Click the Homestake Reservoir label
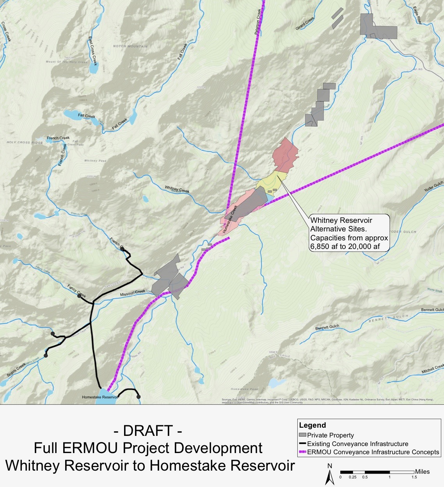click(x=100, y=397)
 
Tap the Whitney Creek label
click(x=177, y=189)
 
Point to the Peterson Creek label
click(x=258, y=22)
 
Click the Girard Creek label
click(x=305, y=24)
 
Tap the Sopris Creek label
click(x=16, y=370)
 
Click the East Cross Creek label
click(x=92, y=51)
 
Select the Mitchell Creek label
click(x=433, y=369)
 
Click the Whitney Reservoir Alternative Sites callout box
click(x=349, y=233)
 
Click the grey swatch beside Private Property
click(x=302, y=435)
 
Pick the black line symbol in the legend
click(x=302, y=444)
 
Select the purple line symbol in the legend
click(x=302, y=452)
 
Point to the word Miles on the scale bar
click(x=423, y=472)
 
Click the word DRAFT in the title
click(x=148, y=431)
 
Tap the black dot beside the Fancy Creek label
click(x=79, y=296)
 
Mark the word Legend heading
click(x=313, y=425)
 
